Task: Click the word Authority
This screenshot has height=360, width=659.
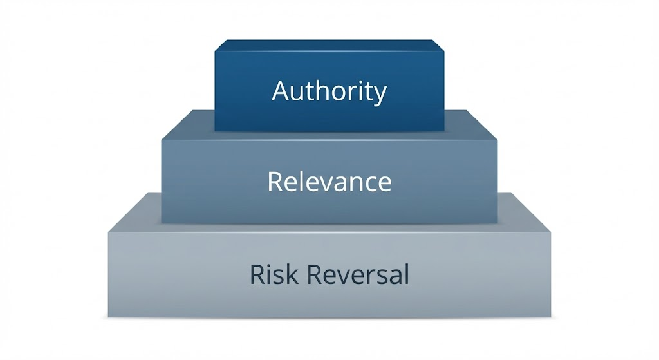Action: pos(329,91)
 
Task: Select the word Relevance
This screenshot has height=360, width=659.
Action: pos(329,182)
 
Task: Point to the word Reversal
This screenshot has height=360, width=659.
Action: pos(358,275)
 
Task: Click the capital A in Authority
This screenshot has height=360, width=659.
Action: pos(281,91)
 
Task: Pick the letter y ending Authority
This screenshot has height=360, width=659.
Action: pos(380,94)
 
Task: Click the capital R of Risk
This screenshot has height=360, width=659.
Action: pos(257,275)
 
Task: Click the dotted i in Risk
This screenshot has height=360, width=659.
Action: pos(271,274)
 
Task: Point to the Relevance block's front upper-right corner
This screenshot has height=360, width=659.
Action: pos(497,138)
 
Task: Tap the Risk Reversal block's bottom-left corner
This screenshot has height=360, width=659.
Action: pos(108,317)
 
